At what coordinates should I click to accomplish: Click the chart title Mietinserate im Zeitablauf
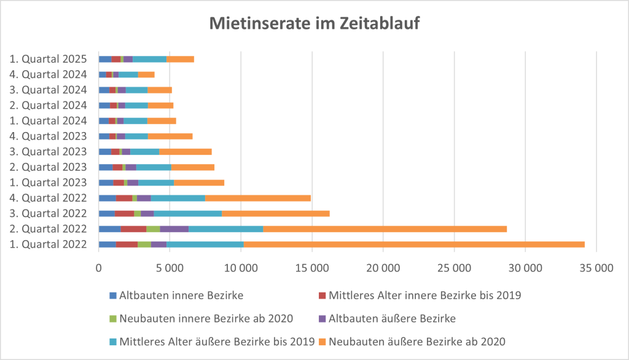(314, 23)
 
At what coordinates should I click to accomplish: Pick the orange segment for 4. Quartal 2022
(258, 198)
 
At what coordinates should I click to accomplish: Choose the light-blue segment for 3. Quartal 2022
(187, 213)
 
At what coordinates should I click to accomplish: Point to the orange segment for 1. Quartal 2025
(181, 59)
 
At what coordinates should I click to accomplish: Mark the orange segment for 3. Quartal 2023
(186, 152)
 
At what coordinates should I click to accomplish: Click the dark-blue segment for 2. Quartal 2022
(110, 229)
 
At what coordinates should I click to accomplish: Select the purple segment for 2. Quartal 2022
(174, 229)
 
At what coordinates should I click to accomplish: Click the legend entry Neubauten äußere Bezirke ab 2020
(417, 341)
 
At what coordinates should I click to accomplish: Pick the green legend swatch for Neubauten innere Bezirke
(112, 319)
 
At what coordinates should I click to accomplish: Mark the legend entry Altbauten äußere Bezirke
(391, 318)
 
